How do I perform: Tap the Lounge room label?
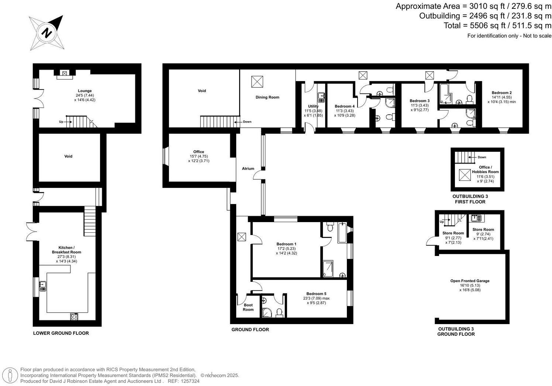84,91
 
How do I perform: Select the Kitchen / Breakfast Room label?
66,250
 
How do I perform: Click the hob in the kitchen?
74,316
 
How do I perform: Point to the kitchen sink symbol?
43,284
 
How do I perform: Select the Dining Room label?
267,97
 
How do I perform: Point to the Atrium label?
248,169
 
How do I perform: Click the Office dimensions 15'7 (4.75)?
199,156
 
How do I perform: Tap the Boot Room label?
248,307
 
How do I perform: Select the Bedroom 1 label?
286,244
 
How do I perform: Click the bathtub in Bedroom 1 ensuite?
342,233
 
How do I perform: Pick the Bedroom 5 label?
316,294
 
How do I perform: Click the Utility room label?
313,106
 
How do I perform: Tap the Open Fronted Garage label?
470,281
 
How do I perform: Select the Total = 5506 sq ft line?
497,25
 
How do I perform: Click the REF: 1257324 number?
189,381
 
